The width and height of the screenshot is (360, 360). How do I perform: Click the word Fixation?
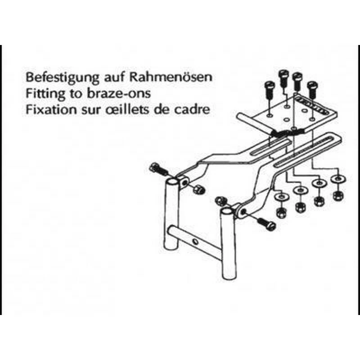pyautogui.click(x=47, y=109)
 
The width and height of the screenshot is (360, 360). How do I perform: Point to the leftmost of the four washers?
pyautogui.click(x=280, y=197)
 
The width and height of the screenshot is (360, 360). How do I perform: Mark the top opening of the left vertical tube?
pyautogui.click(x=171, y=183)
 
